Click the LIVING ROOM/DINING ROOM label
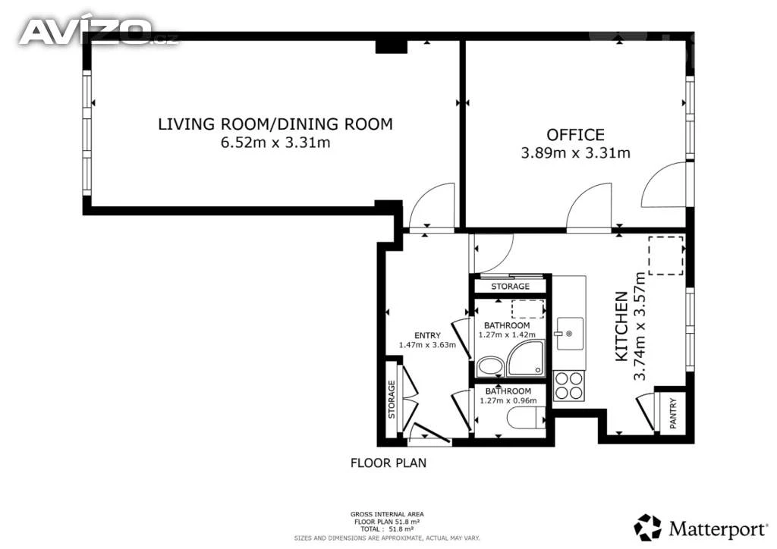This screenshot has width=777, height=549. [275, 124]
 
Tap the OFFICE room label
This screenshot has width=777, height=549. [575, 135]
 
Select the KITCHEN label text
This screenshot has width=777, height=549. [621, 326]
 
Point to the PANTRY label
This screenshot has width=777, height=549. [672, 413]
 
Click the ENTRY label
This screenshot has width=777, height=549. [427, 336]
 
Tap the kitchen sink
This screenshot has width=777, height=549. [570, 334]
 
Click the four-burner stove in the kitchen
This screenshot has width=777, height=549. [568, 386]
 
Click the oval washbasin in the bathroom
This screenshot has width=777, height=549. [489, 367]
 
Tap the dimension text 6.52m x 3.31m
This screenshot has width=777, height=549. [275, 143]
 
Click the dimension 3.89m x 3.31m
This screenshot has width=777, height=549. [575, 152]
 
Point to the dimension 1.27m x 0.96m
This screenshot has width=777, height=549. [508, 400]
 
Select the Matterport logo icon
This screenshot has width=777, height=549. [647, 527]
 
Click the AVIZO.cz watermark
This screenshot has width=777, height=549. [98, 32]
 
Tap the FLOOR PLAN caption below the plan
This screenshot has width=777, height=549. [388, 463]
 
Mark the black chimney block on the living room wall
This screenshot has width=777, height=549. [391, 46]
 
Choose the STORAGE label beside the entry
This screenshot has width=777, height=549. [392, 399]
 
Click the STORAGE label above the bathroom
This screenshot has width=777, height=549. [510, 287]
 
